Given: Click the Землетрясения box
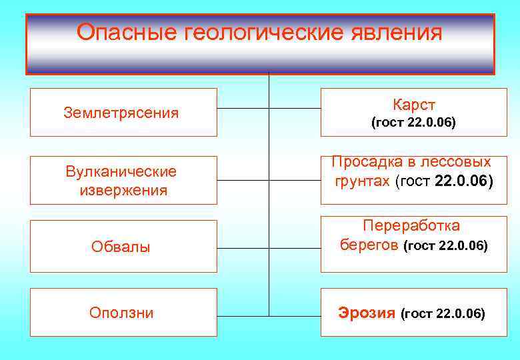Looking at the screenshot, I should [x=123, y=112].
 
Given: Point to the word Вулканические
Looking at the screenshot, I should [x=121, y=171].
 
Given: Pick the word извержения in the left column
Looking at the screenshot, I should [x=123, y=190].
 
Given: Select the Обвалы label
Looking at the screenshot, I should [x=121, y=247].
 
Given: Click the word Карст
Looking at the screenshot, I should [x=413, y=105].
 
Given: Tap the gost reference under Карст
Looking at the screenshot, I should [x=413, y=123].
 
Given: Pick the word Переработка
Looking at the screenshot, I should [x=411, y=226].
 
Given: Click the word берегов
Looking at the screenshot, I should [x=370, y=245].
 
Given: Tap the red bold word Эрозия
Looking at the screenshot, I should [x=367, y=313].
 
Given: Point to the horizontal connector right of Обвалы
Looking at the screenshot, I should [x=243, y=247].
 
